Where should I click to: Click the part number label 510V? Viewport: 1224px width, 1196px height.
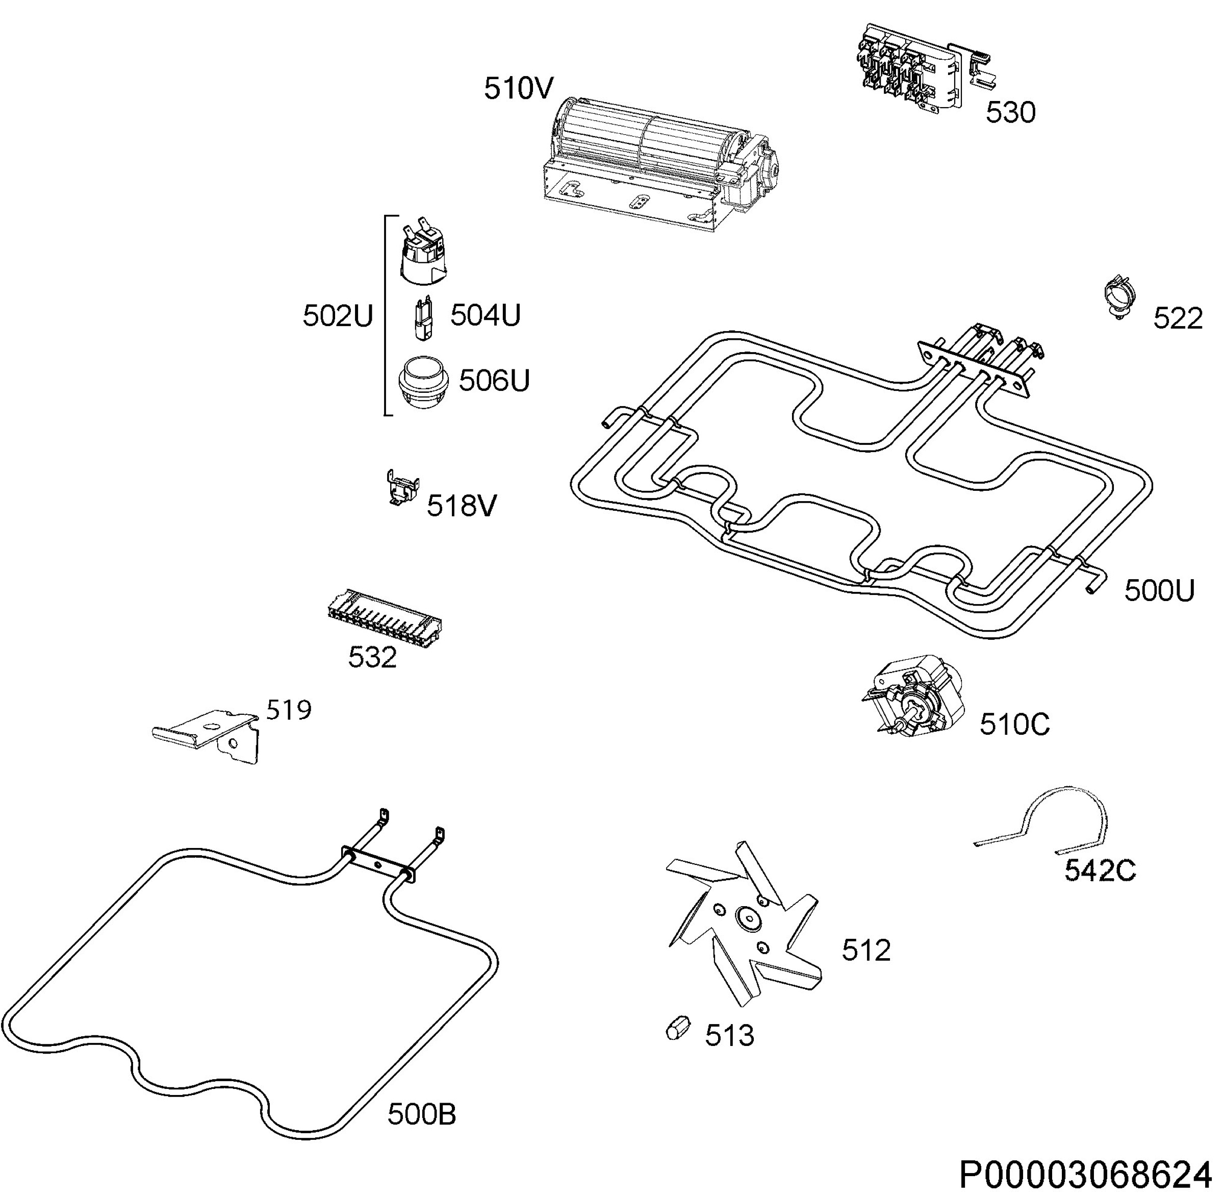(518, 89)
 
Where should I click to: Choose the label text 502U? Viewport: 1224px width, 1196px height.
(338, 316)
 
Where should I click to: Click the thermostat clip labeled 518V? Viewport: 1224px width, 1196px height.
(402, 487)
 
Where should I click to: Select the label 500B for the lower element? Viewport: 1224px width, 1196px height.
(421, 1115)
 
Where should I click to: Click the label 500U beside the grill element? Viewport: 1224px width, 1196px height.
(1159, 590)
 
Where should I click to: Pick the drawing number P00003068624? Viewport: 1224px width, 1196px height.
(1085, 1174)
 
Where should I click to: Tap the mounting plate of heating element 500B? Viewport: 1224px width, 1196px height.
(377, 865)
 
